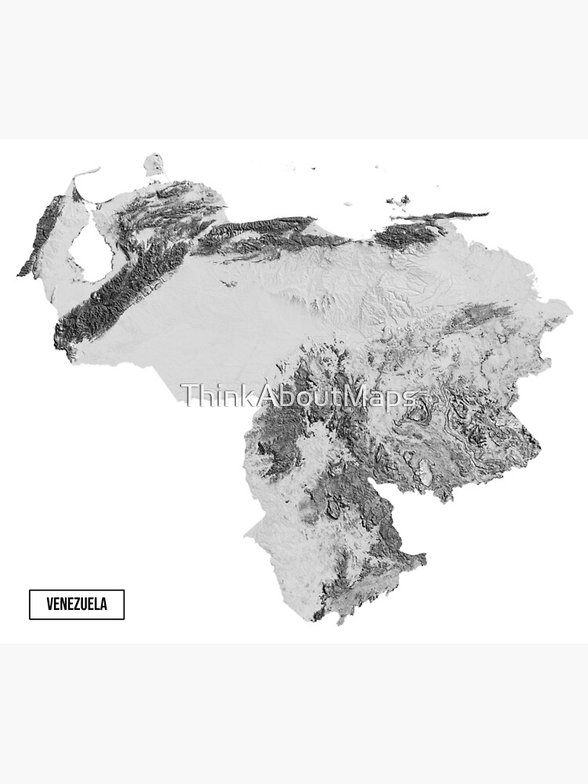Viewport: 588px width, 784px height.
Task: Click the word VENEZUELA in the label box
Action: point(76,604)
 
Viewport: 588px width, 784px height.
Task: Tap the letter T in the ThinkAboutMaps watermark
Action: point(188,396)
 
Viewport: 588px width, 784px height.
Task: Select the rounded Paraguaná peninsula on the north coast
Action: point(154,165)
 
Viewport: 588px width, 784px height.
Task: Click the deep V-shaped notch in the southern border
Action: point(444,498)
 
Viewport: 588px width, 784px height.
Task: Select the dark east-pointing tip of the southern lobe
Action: point(423,558)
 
